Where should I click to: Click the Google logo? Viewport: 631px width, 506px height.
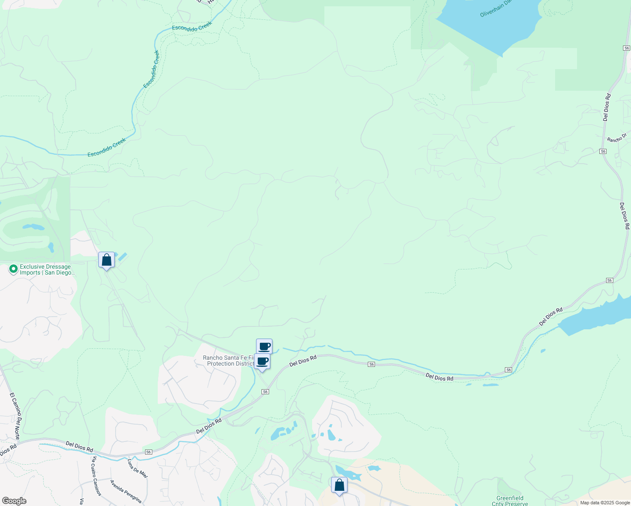pos(14,501)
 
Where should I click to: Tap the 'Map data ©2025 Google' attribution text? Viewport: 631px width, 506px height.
pos(604,503)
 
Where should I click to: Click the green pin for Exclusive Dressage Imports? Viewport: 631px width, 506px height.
pos(13,269)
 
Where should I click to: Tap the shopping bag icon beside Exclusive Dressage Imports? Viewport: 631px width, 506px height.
pos(106,260)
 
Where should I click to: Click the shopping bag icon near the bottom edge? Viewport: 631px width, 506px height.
pos(339,485)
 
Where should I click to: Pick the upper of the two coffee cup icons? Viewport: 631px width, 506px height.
pos(264,347)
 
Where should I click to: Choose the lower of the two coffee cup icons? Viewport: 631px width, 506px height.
pos(262,361)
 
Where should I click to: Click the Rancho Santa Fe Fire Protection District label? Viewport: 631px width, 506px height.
pos(229,361)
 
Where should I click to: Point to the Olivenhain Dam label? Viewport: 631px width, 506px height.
pos(496,8)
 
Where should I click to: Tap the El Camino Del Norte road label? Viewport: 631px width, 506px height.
pos(15,416)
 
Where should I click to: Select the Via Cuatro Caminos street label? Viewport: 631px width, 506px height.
pos(97,476)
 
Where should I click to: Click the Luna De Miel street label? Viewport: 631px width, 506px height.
pos(138,468)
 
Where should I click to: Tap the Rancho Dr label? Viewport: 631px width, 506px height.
pos(617,138)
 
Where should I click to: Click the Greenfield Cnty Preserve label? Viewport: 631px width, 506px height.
pos(510,501)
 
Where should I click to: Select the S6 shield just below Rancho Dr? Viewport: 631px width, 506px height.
pos(603,151)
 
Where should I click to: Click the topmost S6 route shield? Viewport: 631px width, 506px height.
pos(626,48)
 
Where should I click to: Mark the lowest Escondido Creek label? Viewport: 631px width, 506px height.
pos(107,148)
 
